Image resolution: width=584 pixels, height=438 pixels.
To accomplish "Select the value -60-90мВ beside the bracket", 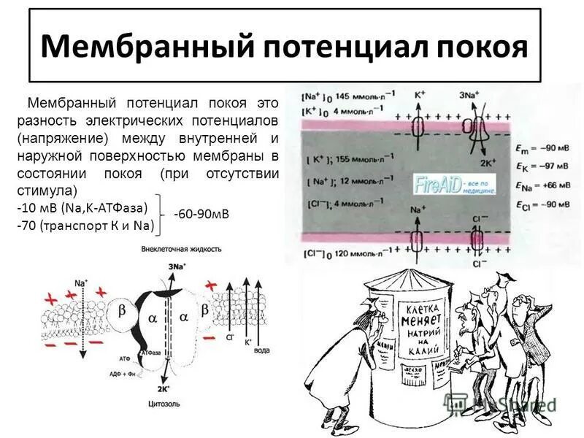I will coord(201,214).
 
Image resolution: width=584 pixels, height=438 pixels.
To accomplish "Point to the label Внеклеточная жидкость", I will coord(181,250).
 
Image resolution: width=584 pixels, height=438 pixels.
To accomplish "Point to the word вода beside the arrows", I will coord(261,350).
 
